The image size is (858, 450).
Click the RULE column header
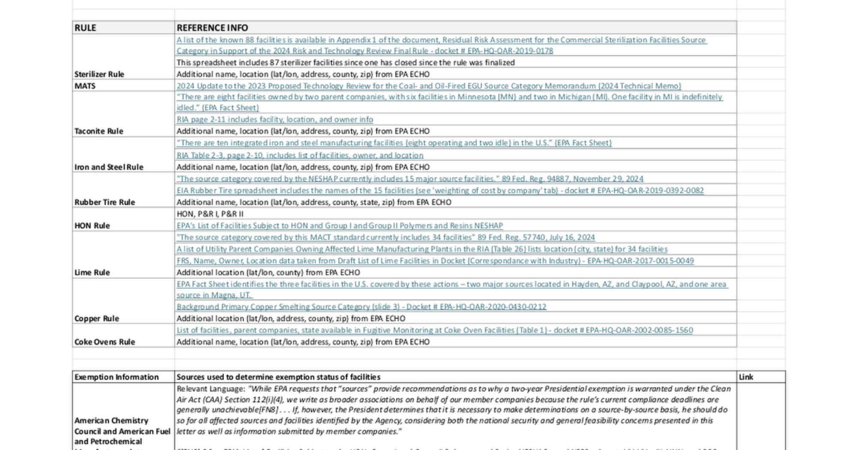tap(85, 28)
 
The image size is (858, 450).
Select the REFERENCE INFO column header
tap(212, 28)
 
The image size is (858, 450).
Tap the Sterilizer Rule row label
tap(99, 74)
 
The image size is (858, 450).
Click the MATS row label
tap(85, 86)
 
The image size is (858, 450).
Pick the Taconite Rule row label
tap(99, 131)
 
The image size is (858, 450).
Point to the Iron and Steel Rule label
tap(109, 167)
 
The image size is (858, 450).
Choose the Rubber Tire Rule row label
tap(105, 202)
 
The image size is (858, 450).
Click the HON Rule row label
tap(92, 225)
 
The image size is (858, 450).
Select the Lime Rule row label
tap(92, 273)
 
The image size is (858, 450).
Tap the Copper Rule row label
tap(97, 318)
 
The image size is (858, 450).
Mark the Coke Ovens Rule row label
tap(105, 342)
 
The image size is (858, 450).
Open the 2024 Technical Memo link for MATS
tap(429, 86)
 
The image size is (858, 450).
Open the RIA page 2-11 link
tap(275, 120)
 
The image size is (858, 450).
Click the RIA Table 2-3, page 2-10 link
tap(300, 155)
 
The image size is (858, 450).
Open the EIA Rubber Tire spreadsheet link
tap(440, 190)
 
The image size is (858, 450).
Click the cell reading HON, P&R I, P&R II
tap(210, 214)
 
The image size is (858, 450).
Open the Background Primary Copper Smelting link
tap(361, 307)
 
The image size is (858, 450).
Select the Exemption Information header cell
tap(117, 377)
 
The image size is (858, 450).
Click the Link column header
tap(746, 377)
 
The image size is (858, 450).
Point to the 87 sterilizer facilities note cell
tap(345, 63)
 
